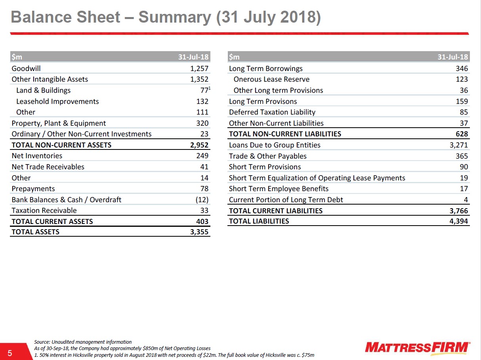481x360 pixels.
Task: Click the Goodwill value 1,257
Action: (x=199, y=69)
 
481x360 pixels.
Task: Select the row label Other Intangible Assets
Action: (x=50, y=79)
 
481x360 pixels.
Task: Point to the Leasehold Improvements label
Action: (x=57, y=101)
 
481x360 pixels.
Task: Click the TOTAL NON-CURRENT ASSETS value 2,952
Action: (x=199, y=145)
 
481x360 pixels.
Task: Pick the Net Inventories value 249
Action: (x=202, y=156)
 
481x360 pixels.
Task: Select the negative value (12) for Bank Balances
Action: (x=202, y=199)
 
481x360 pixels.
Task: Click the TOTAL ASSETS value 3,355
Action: (x=199, y=232)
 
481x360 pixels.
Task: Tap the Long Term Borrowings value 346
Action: (x=462, y=69)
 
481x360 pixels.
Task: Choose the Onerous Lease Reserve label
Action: (x=271, y=79)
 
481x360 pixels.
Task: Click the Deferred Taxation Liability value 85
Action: (x=464, y=112)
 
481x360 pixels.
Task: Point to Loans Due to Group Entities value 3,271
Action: (x=458, y=145)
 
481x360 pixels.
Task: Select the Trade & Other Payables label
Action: (x=268, y=156)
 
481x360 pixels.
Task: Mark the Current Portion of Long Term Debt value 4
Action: (x=466, y=199)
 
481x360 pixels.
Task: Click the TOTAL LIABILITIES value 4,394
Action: (x=458, y=221)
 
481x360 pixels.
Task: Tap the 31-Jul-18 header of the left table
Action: (x=193, y=57)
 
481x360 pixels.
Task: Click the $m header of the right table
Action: (x=234, y=57)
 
